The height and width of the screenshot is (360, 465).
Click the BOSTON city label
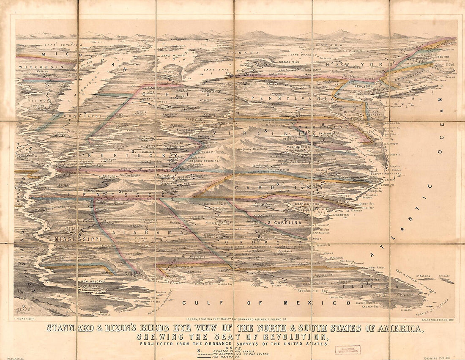point(443,57)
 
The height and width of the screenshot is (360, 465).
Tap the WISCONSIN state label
point(41,67)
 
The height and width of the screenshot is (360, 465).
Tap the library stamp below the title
point(347,350)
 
